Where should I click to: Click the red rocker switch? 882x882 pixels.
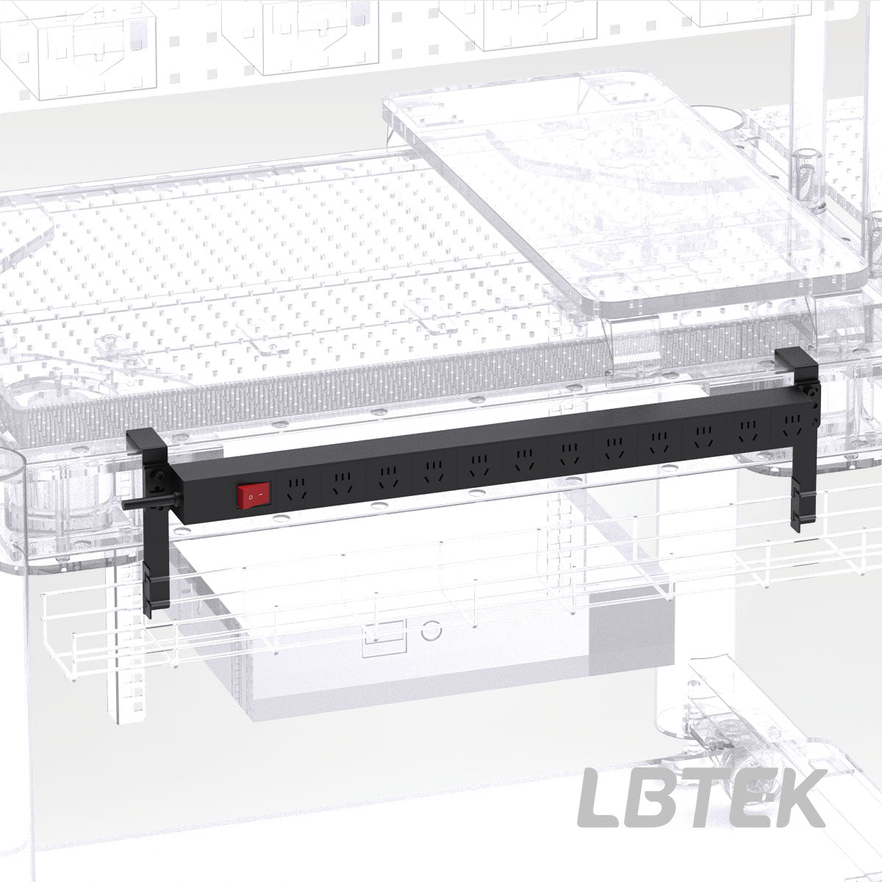tap(254, 495)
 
